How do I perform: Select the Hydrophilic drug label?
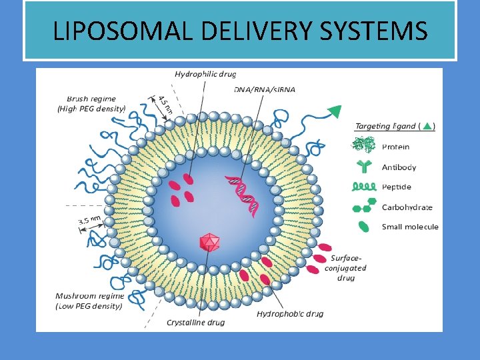click(205, 74)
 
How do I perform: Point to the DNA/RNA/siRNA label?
click(265, 89)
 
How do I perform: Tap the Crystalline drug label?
click(196, 322)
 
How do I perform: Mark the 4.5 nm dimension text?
click(163, 105)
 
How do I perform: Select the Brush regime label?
click(91, 103)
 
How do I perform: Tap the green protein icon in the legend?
click(364, 146)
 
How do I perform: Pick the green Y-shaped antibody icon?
click(363, 167)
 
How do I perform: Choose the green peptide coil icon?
click(364, 187)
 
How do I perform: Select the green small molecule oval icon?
click(364, 227)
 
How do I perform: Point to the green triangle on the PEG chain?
click(335, 111)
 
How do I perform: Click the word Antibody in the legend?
click(399, 167)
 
